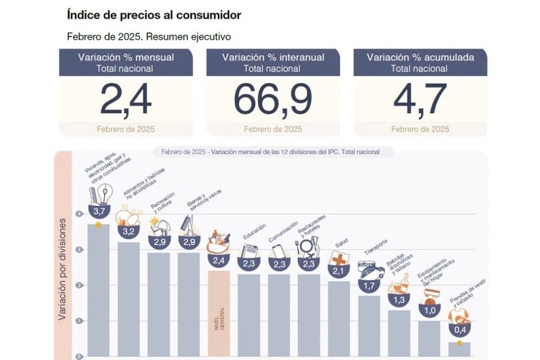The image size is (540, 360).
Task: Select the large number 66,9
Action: click(273, 100)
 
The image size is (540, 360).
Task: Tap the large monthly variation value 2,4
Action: click(126, 100)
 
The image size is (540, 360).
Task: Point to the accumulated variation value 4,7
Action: click(420, 100)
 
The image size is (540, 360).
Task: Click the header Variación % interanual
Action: click(273, 57)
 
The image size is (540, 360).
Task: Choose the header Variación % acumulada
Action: click(420, 57)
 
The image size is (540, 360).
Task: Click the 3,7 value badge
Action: click(99, 212)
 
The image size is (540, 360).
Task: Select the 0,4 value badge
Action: click(460, 330)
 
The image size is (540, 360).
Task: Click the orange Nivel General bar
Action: click(219, 313)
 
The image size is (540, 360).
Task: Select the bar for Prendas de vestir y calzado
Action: click(460, 349)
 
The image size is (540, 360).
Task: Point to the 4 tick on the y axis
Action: click(79, 214)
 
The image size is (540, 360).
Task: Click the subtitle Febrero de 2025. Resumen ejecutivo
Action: click(148, 37)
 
